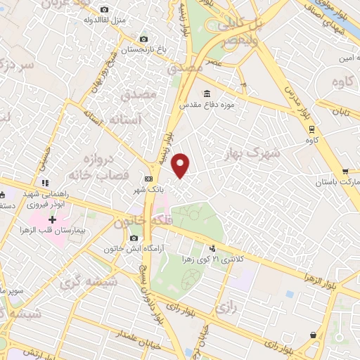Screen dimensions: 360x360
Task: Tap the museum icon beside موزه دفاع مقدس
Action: pyautogui.click(x=206, y=94)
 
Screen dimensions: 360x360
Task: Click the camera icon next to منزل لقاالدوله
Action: pyautogui.click(x=104, y=9)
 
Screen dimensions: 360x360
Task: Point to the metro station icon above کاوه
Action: pyautogui.click(x=311, y=129)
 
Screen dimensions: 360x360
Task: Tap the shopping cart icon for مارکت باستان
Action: pyautogui.click(x=345, y=171)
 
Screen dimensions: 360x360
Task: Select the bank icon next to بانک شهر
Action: pyautogui.click(x=148, y=179)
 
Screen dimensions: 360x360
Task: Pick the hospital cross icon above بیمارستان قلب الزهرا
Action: pyautogui.click(x=52, y=220)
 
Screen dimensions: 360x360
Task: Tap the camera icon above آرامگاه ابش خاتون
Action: pyautogui.click(x=134, y=238)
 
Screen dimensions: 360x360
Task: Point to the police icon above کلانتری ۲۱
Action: pyautogui.click(x=212, y=247)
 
